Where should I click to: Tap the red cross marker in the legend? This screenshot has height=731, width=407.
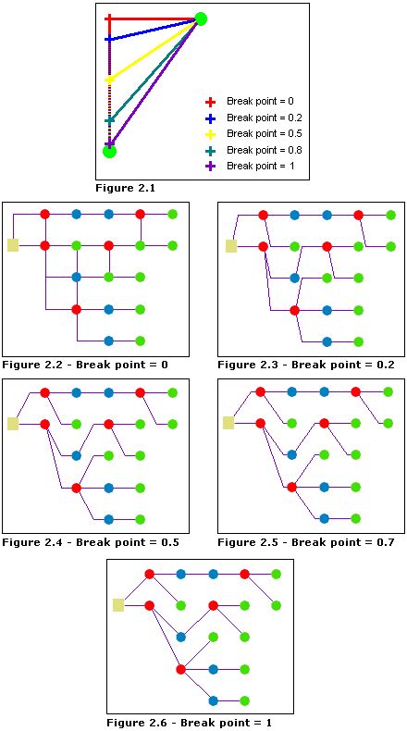(210, 102)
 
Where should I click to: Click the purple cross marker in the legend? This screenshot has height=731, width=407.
(210, 167)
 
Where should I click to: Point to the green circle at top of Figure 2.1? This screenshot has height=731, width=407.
(201, 19)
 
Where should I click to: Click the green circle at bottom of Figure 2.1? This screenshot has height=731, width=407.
(109, 151)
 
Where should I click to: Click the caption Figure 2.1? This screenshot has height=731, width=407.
(125, 188)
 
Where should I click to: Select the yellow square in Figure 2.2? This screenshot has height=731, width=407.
(13, 245)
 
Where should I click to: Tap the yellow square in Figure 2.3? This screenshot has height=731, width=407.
(230, 246)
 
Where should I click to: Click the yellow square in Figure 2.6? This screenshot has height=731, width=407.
(118, 605)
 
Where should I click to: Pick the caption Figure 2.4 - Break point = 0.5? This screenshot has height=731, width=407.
(90, 542)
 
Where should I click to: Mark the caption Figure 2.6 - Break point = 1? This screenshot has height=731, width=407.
(188, 723)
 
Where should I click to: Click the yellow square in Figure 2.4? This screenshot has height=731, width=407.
(13, 424)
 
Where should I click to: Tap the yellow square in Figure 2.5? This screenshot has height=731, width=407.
(228, 423)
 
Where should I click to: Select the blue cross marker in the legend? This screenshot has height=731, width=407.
(210, 118)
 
